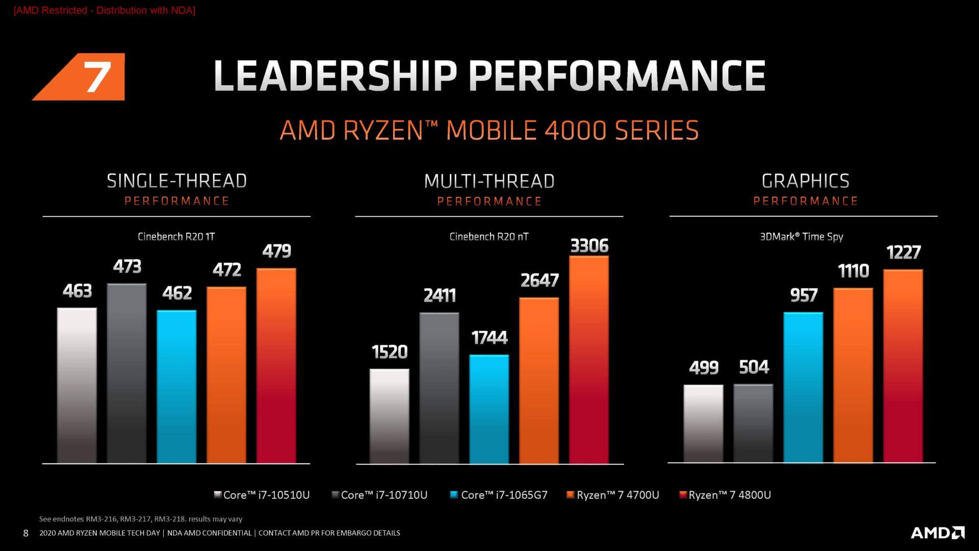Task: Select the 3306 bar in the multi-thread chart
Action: point(589,360)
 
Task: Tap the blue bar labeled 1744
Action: point(489,409)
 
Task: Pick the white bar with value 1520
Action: point(390,416)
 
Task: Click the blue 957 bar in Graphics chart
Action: point(803,388)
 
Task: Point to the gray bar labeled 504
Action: point(753,423)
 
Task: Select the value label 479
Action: point(277,251)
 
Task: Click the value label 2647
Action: point(539,281)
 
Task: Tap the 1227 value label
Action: point(904,253)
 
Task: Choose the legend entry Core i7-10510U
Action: point(262,495)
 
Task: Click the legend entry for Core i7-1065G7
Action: point(499,495)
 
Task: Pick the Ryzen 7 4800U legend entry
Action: point(725,495)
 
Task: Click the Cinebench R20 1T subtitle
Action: point(176,237)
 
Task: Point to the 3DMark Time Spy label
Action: point(802,237)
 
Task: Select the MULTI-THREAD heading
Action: point(489,181)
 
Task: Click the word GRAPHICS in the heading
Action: point(806,181)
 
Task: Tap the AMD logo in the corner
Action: point(938,533)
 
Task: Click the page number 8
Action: point(25,533)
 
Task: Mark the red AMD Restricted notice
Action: point(105,10)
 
